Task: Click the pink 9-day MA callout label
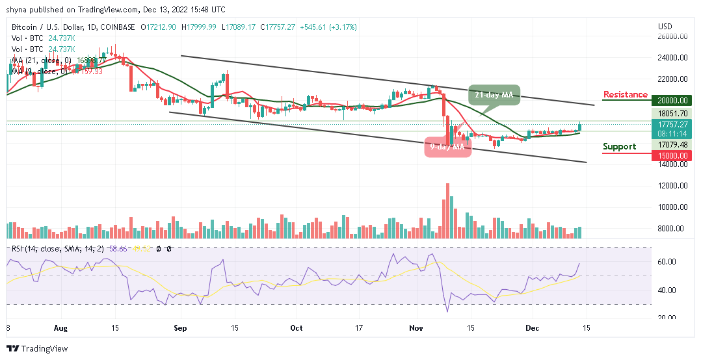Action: (x=447, y=147)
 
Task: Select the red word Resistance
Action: (x=625, y=95)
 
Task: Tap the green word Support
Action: (x=619, y=147)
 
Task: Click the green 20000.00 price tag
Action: (x=672, y=101)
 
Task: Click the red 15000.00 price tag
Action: (x=672, y=155)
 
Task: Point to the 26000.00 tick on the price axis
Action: (x=672, y=36)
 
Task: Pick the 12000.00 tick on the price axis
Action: (x=672, y=186)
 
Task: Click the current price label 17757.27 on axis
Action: (x=672, y=123)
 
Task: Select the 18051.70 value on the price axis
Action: (x=672, y=112)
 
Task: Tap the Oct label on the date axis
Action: (x=296, y=328)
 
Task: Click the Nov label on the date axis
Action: (x=417, y=328)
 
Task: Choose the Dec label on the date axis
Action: (x=533, y=328)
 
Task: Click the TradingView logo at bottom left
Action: (x=37, y=349)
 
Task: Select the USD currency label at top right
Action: (x=665, y=27)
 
